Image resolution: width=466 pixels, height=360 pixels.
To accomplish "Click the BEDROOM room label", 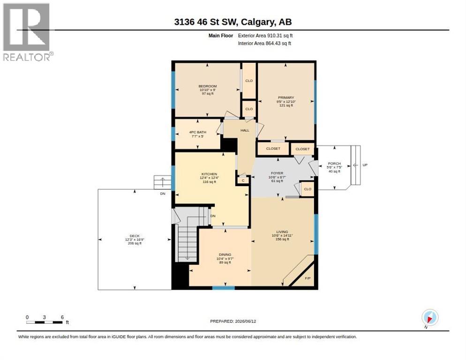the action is [x=207, y=86].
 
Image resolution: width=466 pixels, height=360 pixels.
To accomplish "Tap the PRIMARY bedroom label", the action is [x=286, y=97].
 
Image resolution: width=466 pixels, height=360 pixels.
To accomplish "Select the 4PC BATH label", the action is [x=198, y=132].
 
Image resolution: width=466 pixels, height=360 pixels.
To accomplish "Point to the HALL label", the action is [x=245, y=130].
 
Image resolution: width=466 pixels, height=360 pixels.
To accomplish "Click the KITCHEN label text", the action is [x=209, y=174].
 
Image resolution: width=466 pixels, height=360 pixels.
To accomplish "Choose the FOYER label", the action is [x=277, y=173].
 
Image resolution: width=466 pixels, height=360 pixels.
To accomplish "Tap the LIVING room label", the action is [x=282, y=232].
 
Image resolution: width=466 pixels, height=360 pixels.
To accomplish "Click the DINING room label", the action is [x=225, y=255].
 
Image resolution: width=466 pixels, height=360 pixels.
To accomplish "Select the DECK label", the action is [x=135, y=236].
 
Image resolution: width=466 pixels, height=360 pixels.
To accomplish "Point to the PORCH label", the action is [x=334, y=164].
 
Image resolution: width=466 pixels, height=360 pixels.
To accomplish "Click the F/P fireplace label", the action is [x=308, y=278].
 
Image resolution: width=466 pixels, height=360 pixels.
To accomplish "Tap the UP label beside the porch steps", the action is [x=365, y=165].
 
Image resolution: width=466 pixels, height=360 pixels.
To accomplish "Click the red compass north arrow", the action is [x=429, y=319].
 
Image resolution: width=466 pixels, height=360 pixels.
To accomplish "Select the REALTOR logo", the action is [x=27, y=32].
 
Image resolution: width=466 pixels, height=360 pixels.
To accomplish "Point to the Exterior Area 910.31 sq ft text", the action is [x=265, y=36].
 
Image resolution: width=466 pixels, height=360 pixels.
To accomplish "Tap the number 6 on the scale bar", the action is [x=62, y=317].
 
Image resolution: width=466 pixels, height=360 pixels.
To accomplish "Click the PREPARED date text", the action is [x=233, y=321].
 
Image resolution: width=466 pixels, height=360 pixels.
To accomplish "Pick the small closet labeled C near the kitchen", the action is [x=243, y=180].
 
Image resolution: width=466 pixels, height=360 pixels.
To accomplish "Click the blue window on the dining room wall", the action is [x=224, y=288].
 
